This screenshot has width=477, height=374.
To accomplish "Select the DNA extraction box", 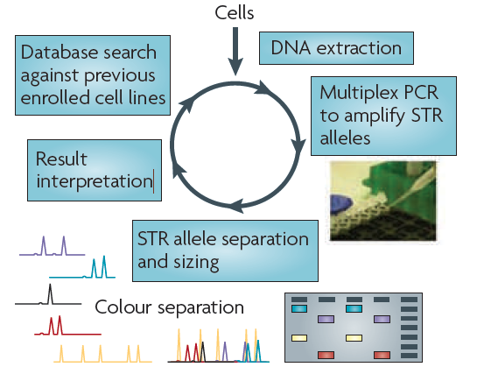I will (x=335, y=48).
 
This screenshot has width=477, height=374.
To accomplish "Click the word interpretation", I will (x=94, y=181).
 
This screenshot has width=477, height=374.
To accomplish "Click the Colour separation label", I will (x=169, y=307).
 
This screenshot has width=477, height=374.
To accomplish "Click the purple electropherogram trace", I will (x=53, y=247).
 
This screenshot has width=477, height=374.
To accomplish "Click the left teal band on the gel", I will (x=300, y=309).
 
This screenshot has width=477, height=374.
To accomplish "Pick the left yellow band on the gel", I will (x=300, y=337).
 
